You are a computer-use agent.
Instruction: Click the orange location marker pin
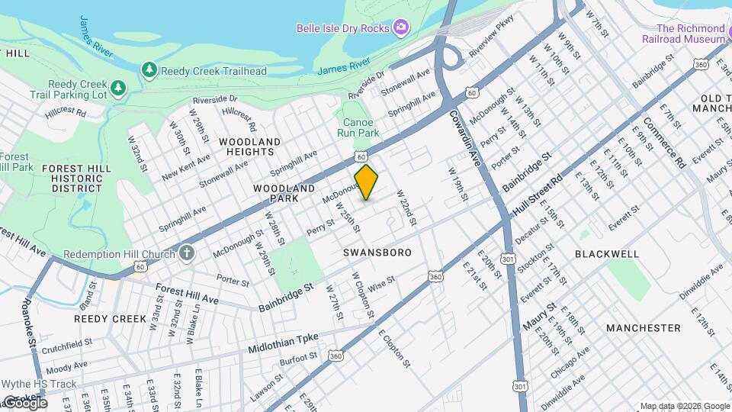(x=367, y=182)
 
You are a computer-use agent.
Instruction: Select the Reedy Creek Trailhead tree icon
(x=149, y=70)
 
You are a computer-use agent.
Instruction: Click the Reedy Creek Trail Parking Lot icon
(x=117, y=89)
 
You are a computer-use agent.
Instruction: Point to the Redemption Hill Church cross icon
(x=188, y=253)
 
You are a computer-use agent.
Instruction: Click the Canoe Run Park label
(x=358, y=127)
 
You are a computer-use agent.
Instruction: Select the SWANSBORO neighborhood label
(x=377, y=252)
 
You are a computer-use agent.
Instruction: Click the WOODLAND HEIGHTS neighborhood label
(x=249, y=146)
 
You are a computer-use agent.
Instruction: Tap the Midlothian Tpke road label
(x=283, y=343)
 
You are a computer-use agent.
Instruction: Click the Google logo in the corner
(x=24, y=402)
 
